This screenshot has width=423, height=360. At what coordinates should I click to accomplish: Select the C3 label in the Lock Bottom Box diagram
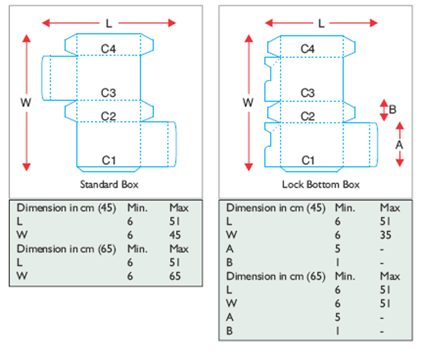click(307, 92)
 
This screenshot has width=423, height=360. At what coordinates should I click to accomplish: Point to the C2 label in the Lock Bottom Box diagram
click(307, 116)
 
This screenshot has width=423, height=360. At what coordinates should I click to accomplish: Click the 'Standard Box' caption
click(109, 185)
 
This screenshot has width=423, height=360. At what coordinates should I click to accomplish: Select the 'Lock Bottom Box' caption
click(321, 185)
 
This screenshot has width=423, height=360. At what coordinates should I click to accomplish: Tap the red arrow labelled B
click(384, 109)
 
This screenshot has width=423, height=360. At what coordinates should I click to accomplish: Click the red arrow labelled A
click(399, 144)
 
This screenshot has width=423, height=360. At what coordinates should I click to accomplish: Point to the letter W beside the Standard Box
click(25, 102)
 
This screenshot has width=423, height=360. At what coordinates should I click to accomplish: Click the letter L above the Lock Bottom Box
click(321, 23)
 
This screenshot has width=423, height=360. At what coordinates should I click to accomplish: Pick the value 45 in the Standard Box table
click(176, 235)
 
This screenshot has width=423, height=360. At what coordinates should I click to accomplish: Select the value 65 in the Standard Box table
click(176, 275)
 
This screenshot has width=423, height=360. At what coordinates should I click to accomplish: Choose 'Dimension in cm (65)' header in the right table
click(276, 275)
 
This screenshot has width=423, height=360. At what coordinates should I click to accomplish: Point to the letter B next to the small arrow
click(393, 109)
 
